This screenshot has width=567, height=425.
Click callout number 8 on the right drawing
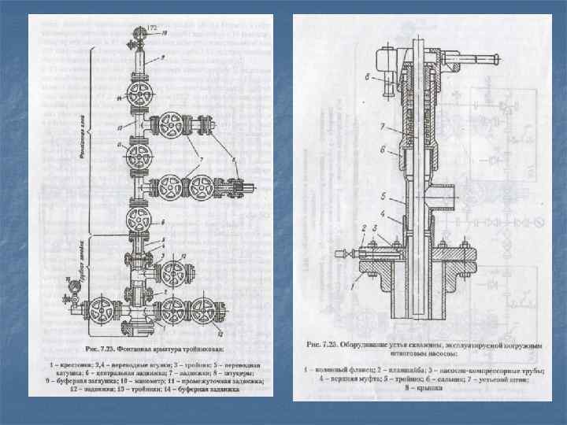pos(368,76)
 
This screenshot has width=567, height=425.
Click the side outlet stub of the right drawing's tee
pos(450,194)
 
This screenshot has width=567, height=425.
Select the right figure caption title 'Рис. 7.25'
pos(323,344)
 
